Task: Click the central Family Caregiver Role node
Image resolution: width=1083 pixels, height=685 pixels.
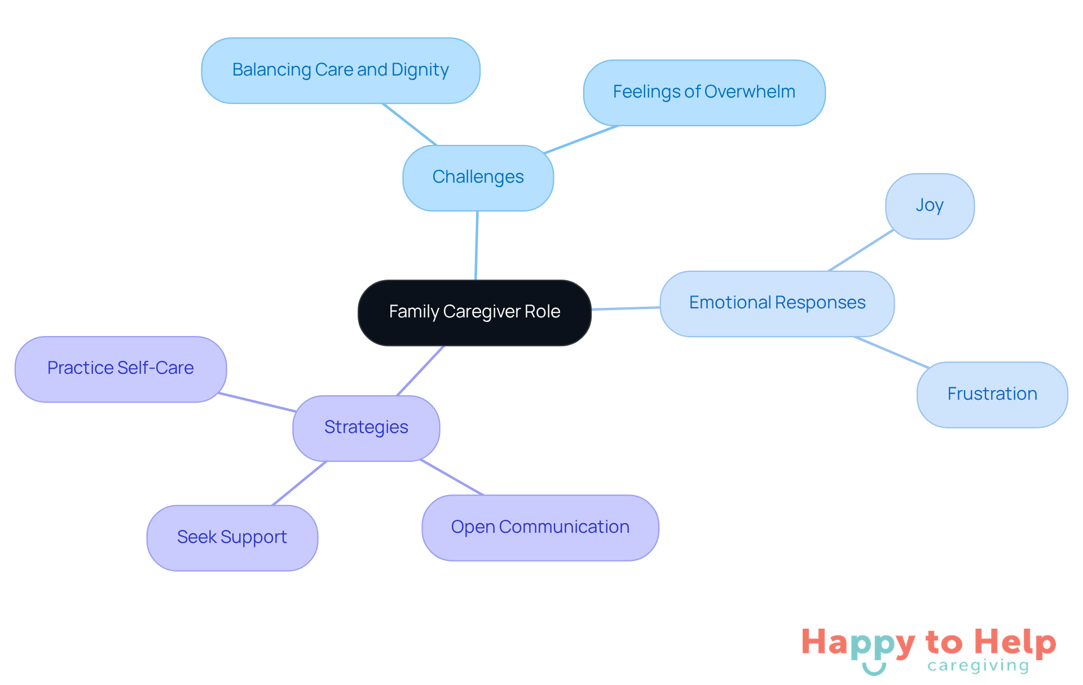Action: click(x=474, y=312)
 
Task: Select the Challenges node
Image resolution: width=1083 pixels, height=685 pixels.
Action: click(x=478, y=178)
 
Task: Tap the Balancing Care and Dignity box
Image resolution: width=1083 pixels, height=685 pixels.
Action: click(x=340, y=70)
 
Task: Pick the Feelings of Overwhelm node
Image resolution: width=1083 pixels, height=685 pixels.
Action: click(x=704, y=92)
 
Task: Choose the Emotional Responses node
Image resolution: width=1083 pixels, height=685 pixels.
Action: click(x=777, y=303)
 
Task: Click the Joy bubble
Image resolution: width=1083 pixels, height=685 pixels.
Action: click(x=929, y=206)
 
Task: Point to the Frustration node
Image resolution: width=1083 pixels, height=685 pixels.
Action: click(x=992, y=394)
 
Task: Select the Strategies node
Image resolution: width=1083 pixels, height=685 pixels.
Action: click(x=366, y=428)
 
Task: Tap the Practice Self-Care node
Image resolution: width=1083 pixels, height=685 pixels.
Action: click(x=120, y=369)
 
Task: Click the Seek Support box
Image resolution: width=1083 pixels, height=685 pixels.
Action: click(x=232, y=537)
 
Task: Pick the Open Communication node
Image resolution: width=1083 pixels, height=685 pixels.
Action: click(x=540, y=527)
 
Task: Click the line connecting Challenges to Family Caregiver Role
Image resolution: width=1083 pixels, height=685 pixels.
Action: click(x=477, y=245)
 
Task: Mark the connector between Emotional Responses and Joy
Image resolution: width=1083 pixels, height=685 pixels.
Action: click(x=861, y=250)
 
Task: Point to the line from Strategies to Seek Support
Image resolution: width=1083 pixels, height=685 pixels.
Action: click(x=300, y=483)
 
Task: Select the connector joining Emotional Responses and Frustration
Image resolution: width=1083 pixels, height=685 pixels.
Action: click(x=891, y=352)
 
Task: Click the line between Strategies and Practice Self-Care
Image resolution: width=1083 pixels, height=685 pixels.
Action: click(x=257, y=402)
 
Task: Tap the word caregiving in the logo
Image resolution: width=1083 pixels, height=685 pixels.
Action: click(x=978, y=666)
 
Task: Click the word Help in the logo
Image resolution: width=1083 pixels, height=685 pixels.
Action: click(x=1015, y=643)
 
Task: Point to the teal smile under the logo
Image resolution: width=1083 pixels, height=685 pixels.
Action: click(x=874, y=669)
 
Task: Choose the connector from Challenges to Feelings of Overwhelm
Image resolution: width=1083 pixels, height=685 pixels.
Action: click(x=581, y=139)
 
